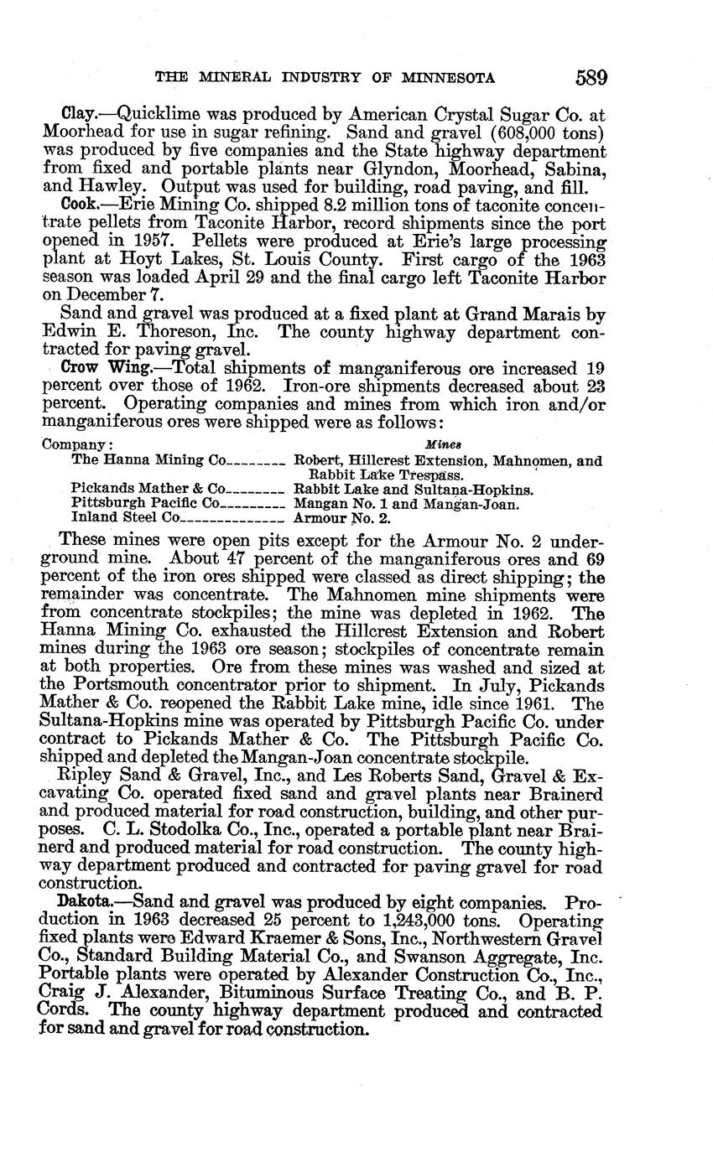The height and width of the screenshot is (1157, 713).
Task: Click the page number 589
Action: pos(591,78)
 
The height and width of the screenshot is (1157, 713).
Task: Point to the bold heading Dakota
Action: pos(83,903)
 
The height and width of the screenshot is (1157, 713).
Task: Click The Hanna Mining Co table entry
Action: pos(148,460)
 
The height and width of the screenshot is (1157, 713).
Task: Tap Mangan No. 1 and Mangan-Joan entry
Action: pos(406,504)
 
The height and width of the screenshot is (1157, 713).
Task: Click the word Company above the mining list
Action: pos(75,444)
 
